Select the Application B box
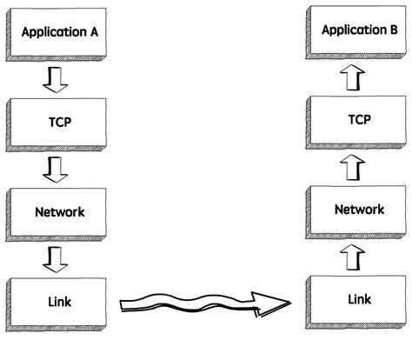(358, 31)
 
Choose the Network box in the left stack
(59, 211)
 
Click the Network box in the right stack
(358, 210)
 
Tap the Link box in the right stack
(358, 299)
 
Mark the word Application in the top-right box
(352, 31)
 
